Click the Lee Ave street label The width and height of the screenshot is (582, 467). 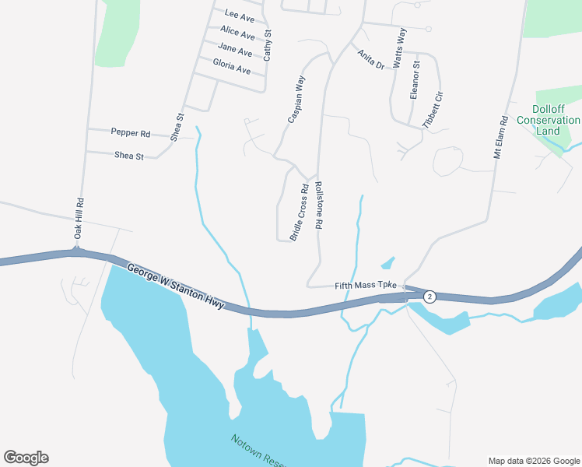[x=239, y=15]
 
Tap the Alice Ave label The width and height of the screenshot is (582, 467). [x=237, y=33]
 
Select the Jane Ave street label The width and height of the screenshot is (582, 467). [x=235, y=51]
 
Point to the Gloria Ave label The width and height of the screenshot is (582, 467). [x=231, y=68]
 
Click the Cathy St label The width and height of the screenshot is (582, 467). [x=268, y=46]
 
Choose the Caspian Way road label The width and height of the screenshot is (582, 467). [x=297, y=99]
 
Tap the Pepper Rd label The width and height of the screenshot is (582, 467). [x=130, y=133]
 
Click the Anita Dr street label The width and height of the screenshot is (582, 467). [x=371, y=59]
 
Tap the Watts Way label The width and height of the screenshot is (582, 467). [x=400, y=47]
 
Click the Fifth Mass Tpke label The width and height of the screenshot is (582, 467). [x=366, y=286]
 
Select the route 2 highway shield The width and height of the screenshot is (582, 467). [x=429, y=297]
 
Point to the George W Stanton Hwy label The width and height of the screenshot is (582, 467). [x=176, y=286]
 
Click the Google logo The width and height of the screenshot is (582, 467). [x=26, y=458]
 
